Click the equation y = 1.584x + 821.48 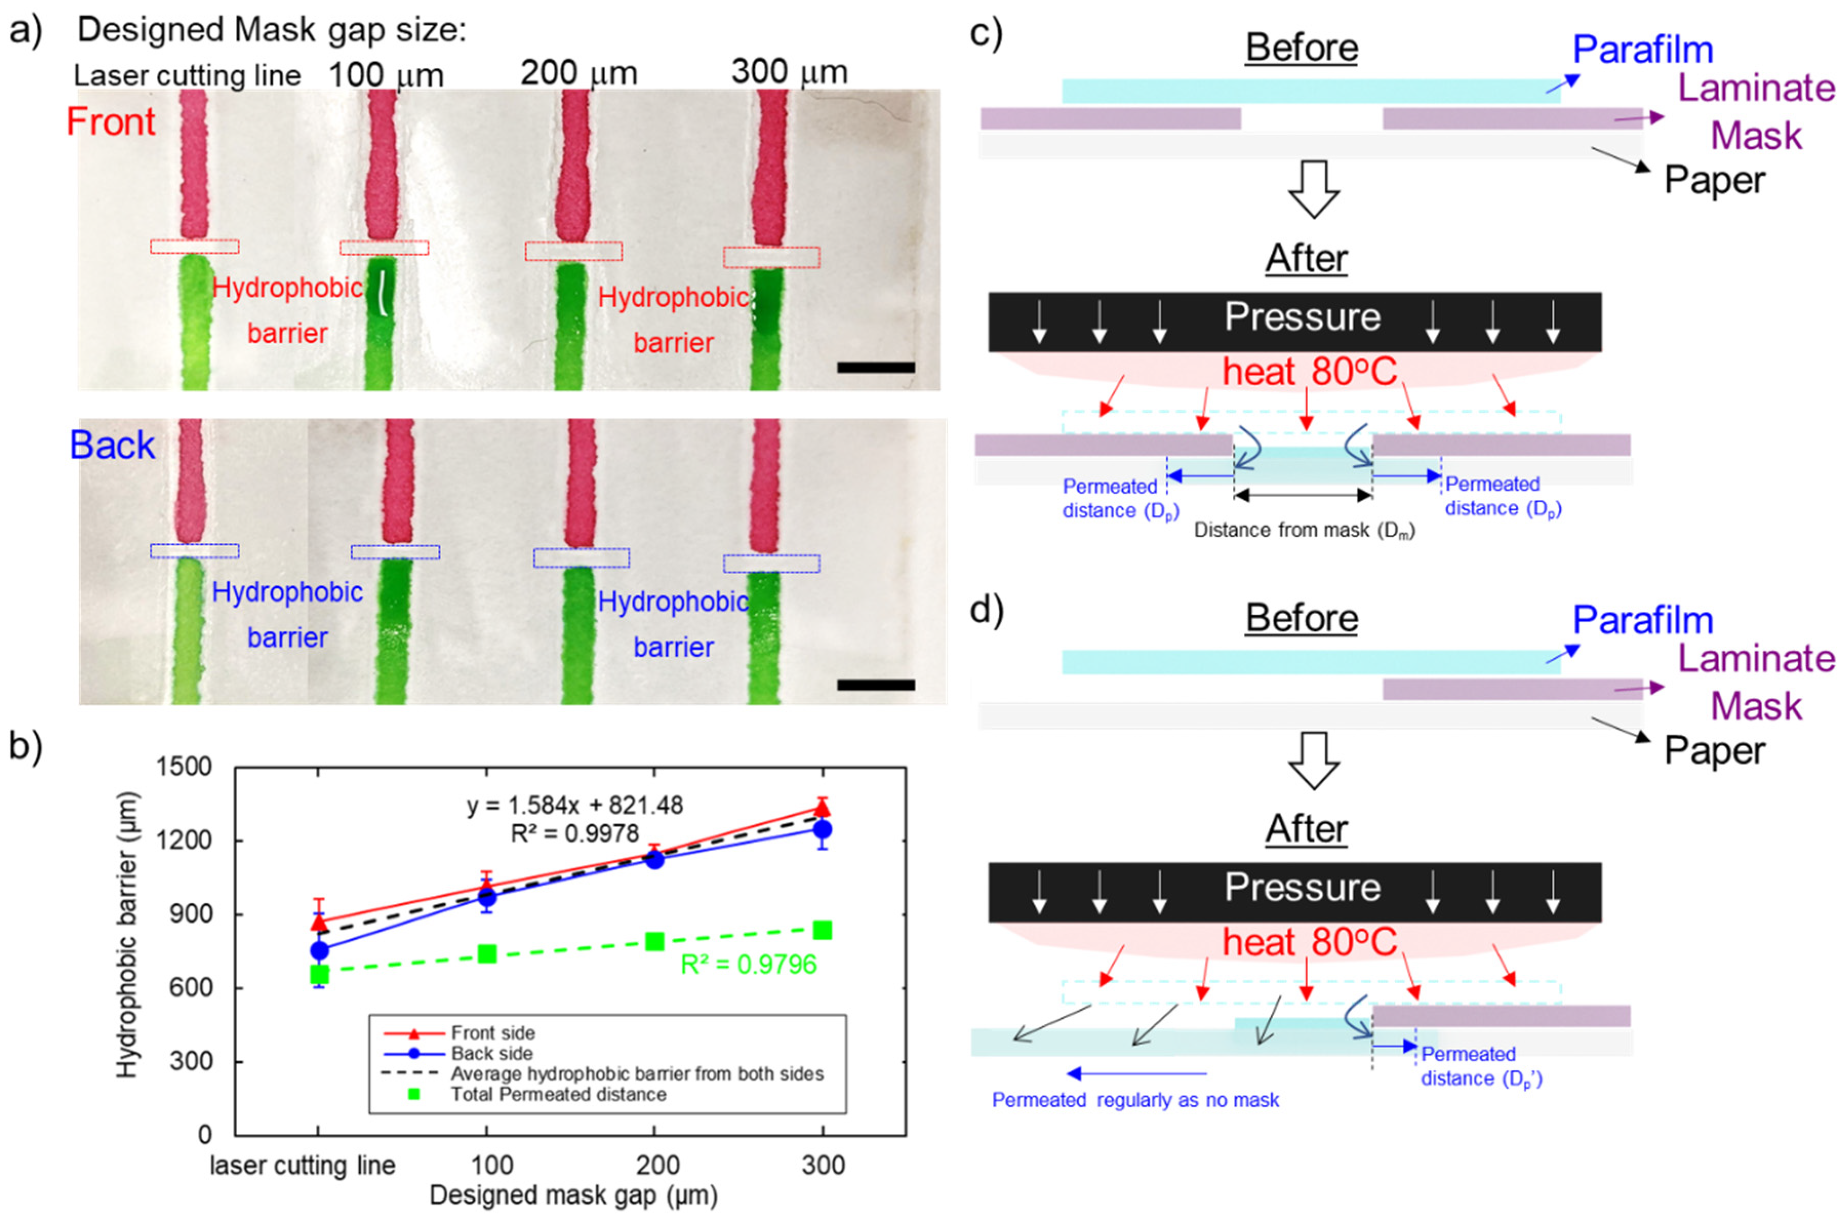575,805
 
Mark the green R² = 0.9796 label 748,965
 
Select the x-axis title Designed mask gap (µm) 573,1195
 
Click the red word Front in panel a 111,122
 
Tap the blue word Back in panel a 112,446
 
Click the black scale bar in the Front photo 875,367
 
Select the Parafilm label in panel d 1642,620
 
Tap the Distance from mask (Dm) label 1304,530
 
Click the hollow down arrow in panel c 1314,189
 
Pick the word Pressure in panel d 1302,887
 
